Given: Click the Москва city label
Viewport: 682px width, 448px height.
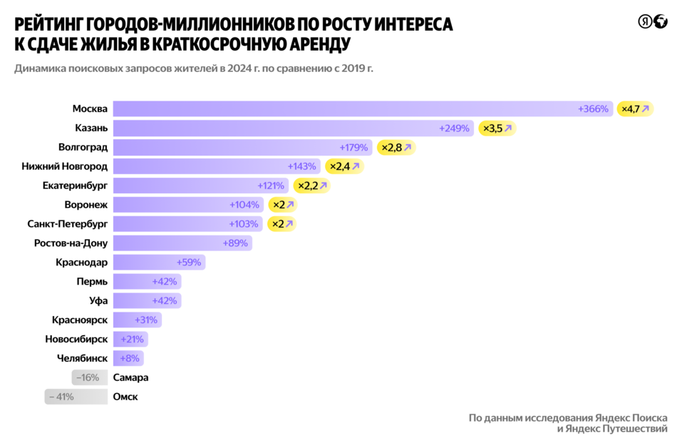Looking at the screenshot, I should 90,109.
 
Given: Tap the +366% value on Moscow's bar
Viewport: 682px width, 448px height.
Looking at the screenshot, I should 593,109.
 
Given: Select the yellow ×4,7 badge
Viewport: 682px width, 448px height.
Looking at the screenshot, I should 635,109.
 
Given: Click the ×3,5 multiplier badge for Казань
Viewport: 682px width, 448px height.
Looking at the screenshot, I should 497,128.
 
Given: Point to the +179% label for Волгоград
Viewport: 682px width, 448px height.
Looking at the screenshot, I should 353,148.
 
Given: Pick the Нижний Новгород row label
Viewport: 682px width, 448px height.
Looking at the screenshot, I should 65,166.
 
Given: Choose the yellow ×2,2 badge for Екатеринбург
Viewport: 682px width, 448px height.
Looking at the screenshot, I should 312,185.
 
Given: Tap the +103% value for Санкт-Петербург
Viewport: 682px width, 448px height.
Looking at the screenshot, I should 244,224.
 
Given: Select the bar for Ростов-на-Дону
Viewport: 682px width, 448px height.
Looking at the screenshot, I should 182,243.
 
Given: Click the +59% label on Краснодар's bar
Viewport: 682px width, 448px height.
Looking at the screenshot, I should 189,263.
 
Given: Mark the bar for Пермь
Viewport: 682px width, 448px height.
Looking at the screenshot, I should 147,282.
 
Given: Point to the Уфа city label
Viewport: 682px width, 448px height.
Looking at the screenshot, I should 99,301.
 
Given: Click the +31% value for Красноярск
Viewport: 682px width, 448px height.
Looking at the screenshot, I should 145,320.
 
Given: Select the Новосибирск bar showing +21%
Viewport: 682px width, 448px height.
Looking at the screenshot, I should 130,339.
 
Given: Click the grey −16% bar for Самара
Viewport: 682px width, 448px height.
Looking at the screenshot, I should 90,377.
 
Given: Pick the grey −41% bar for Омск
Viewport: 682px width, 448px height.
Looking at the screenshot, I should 76,397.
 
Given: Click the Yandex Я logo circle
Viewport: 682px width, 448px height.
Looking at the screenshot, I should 644,22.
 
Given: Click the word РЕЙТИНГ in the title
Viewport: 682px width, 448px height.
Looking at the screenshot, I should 51,25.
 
